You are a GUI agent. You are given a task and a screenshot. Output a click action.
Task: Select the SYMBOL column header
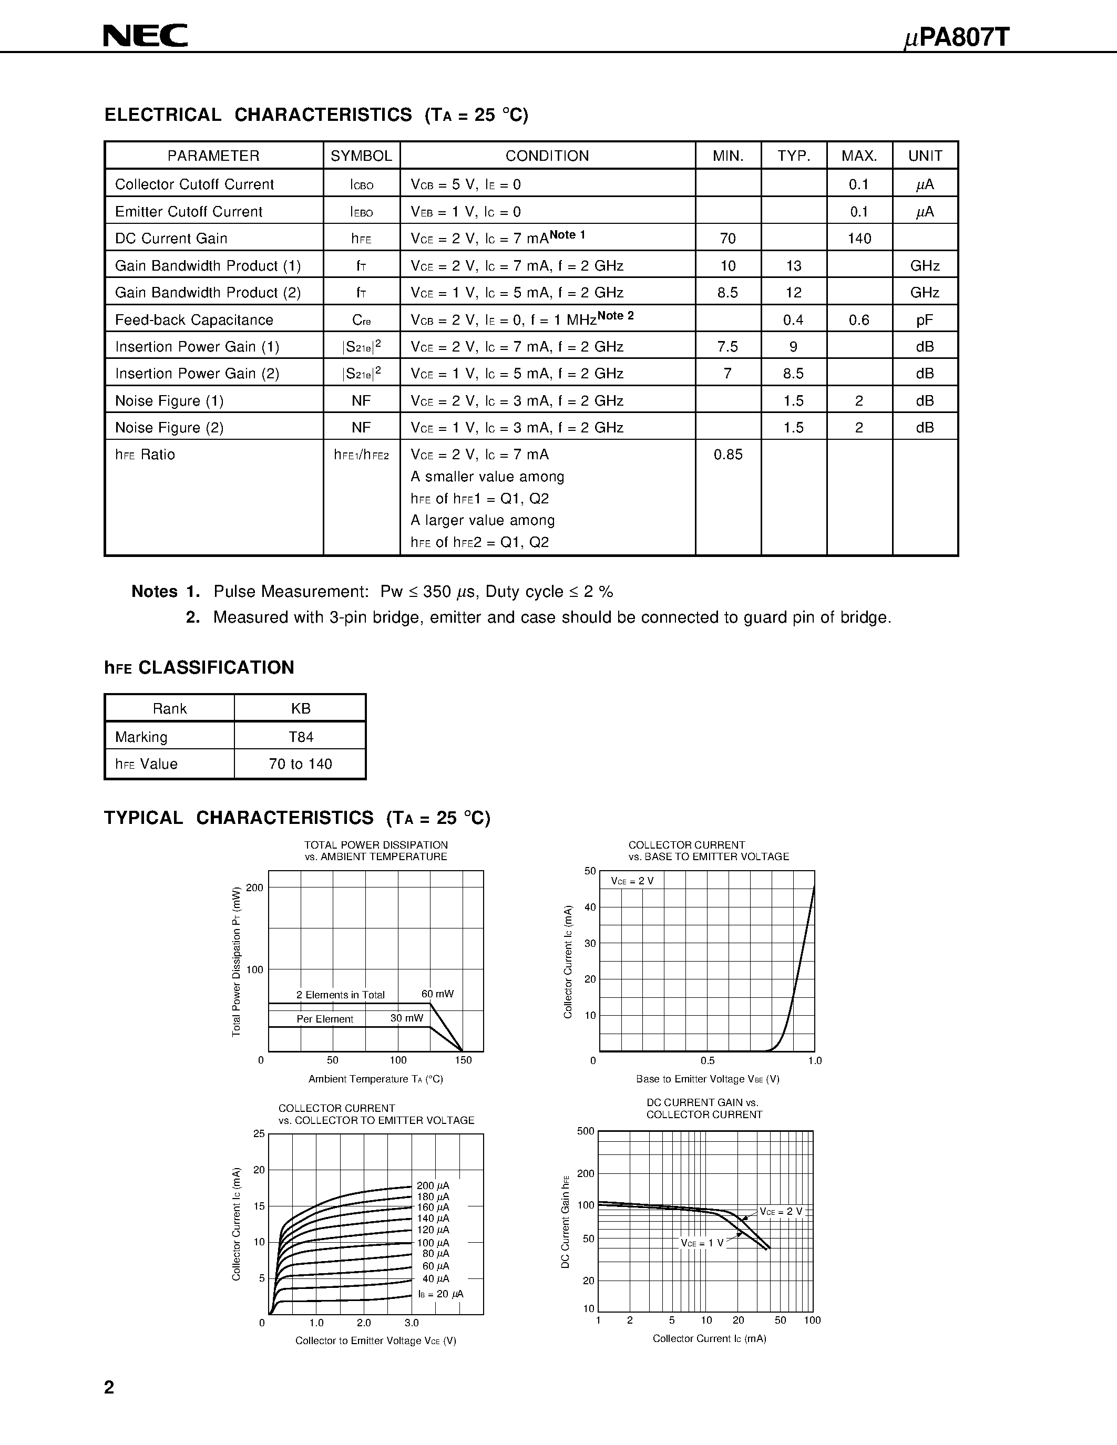pos(361,156)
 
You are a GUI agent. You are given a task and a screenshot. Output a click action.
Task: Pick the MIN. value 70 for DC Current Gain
pos(728,238)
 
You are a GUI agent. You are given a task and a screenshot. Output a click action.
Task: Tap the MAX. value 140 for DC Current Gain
pos(859,238)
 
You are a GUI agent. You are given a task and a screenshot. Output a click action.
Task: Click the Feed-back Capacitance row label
pos(194,320)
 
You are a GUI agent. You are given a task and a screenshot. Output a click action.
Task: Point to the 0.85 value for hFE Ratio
pos(728,455)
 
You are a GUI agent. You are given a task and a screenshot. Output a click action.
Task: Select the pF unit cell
pos(925,320)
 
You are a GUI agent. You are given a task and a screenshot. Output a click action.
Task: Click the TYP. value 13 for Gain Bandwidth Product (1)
pos(793,266)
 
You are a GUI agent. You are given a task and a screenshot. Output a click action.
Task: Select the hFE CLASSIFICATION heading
pos(199,667)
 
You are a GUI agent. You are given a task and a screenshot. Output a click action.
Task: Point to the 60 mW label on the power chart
pos(437,994)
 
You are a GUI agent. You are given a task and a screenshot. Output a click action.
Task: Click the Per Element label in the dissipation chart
pos(324,1019)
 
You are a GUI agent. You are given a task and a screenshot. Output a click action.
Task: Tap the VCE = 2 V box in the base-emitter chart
pos(632,881)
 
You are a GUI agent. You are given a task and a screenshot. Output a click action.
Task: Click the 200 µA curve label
pos(433,1185)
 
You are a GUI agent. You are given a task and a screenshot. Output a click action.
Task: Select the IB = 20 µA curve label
pos(440,1294)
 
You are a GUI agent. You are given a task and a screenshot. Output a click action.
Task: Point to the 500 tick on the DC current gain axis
pos(586,1131)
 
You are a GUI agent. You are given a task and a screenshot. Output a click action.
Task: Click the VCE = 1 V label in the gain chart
pos(702,1243)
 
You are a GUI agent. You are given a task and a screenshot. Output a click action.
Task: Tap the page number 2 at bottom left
pos(110,1387)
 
